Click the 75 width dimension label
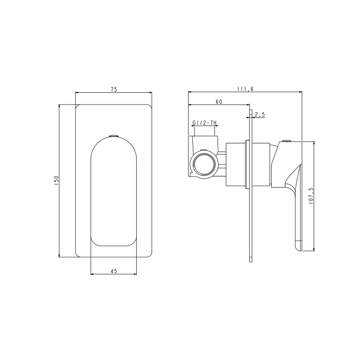coord(114,89)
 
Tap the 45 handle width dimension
coord(114,271)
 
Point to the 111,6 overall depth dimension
coord(245,89)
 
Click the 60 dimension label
coord(219,102)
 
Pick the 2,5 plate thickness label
coord(260,114)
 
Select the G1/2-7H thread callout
coord(204,123)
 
